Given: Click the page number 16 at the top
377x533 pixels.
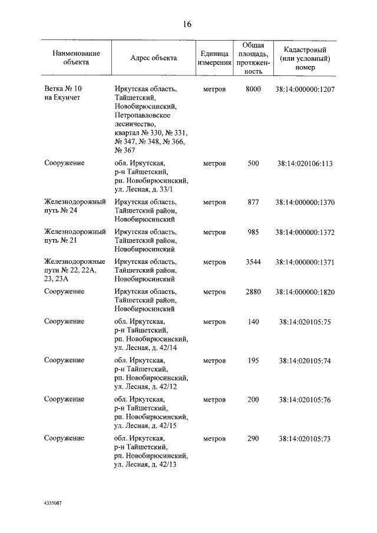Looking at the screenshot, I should (187, 24).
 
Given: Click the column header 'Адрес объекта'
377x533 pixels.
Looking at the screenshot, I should (153, 58).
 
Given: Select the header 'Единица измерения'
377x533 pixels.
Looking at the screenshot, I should (214, 58).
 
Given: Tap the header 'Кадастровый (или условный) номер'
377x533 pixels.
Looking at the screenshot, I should (305, 58).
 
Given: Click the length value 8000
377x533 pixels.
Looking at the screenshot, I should (253, 89).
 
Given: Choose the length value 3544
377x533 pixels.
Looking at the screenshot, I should (253, 261).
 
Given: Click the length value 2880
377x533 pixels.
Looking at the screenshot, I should (253, 292).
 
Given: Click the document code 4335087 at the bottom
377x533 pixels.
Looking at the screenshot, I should (53, 504).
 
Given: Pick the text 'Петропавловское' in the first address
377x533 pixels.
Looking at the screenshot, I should (142, 115).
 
